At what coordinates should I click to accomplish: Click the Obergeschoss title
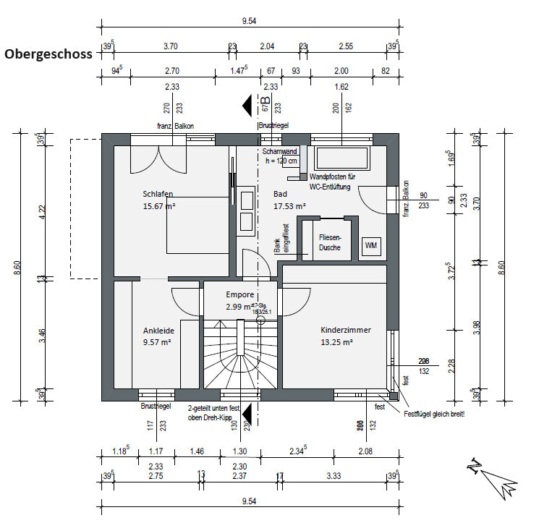click(48, 54)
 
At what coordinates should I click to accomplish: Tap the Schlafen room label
click(158, 194)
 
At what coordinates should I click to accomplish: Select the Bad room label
click(279, 194)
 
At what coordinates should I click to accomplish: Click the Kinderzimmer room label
click(346, 330)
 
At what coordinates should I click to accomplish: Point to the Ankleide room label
click(158, 331)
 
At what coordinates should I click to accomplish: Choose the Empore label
click(239, 294)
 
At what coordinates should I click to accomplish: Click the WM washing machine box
click(371, 246)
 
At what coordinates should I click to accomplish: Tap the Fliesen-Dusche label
click(330, 242)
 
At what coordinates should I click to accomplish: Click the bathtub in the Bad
click(338, 157)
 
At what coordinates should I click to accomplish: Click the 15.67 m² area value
click(160, 206)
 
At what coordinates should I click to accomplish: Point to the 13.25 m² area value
click(336, 342)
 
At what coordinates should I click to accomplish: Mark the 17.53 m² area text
click(290, 206)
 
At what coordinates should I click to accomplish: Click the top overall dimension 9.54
click(249, 21)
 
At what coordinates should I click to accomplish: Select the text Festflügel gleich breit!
click(434, 414)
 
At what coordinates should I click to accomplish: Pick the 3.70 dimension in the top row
click(170, 46)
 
